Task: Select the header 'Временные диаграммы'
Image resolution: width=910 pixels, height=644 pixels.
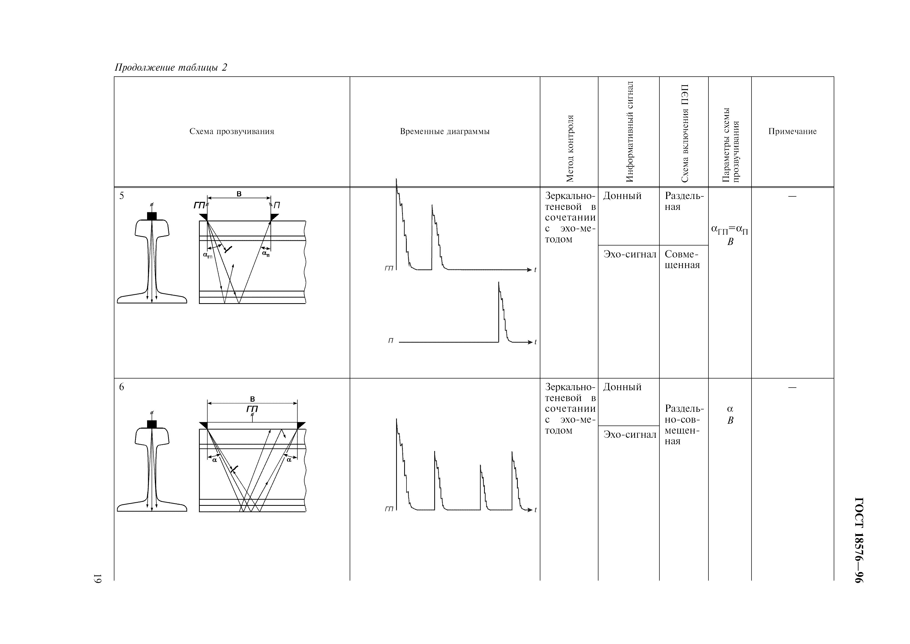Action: coord(444,131)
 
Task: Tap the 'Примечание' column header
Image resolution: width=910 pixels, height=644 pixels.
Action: coord(792,131)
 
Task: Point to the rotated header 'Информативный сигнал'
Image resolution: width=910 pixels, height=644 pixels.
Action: coord(629,131)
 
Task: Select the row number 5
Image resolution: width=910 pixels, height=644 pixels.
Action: coord(122,196)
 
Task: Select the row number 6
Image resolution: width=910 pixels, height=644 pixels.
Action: coord(122,387)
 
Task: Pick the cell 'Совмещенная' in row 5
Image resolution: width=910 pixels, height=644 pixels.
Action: coord(682,260)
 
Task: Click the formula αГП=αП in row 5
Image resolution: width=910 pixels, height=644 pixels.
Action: coord(729,229)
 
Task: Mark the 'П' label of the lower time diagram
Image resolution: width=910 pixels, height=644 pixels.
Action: coord(390,341)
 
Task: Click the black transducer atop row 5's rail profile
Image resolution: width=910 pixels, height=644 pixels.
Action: coord(152,216)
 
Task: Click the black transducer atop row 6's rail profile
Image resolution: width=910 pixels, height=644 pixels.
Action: coord(152,424)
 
